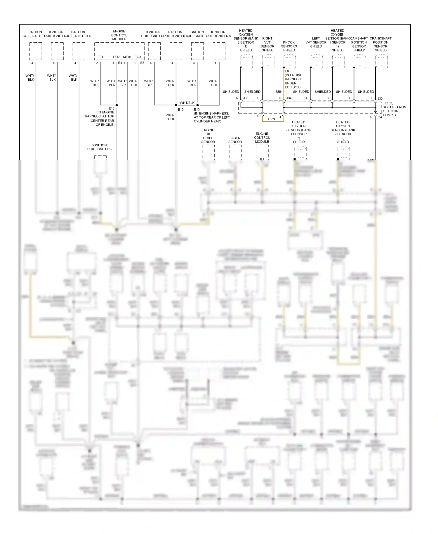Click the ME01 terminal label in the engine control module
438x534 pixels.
(127, 57)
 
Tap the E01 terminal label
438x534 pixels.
(100, 57)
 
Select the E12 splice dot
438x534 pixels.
(117, 105)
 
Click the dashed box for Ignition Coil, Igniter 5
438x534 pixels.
(219, 51)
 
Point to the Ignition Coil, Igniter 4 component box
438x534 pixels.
(79, 51)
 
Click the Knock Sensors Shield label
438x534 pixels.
(289, 46)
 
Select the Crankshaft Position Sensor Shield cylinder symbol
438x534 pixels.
(381, 62)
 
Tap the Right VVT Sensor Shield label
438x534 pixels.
(267, 44)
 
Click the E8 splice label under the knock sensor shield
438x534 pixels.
(287, 71)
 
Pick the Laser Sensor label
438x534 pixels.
(235, 140)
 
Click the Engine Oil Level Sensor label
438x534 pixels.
(208, 136)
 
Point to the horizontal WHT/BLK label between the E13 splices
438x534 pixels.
(187, 103)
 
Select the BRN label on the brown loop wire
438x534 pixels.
(272, 119)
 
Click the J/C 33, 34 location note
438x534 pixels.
(395, 109)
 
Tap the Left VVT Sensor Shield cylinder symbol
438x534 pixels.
(317, 62)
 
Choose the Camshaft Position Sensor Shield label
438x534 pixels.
(359, 44)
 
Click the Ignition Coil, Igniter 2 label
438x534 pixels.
(100, 147)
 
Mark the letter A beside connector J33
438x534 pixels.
(237, 98)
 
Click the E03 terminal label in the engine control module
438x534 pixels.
(138, 57)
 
